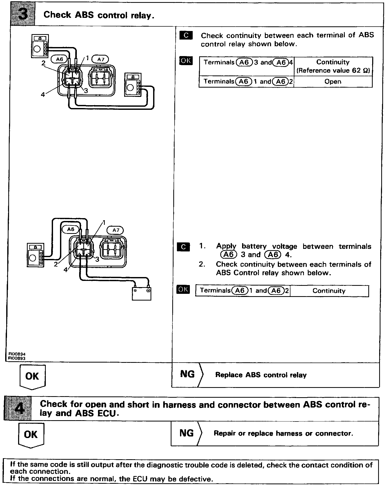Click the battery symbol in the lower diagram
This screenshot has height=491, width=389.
[x=141, y=294]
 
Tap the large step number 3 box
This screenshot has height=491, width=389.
[x=23, y=15]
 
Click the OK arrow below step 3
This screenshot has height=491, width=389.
[x=33, y=377]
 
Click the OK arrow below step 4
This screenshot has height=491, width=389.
[x=31, y=435]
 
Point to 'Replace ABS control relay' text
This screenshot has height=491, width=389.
[x=261, y=375]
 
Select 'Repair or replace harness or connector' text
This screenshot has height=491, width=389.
[x=283, y=433]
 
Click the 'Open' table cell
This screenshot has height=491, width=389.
[x=333, y=82]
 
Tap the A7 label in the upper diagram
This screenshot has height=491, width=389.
[x=100, y=59]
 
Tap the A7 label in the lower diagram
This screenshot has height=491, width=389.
[x=116, y=230]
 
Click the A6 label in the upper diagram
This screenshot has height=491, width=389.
[x=59, y=59]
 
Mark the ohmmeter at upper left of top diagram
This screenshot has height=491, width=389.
[x=40, y=46]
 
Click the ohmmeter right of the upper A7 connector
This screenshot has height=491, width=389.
[x=133, y=85]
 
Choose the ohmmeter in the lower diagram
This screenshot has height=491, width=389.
[x=35, y=255]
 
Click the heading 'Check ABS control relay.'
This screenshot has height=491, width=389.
[x=99, y=15]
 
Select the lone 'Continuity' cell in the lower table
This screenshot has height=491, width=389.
[x=329, y=291]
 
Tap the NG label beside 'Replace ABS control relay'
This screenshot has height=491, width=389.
[x=187, y=374]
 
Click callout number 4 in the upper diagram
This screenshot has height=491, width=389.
[x=43, y=95]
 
